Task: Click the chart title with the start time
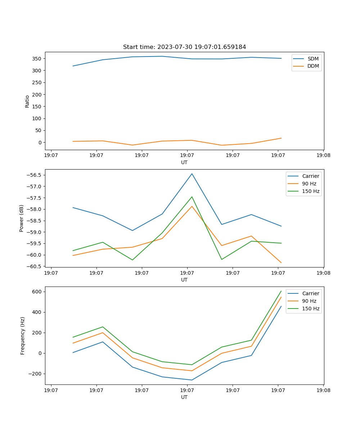(184, 47)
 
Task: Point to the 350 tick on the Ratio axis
(37, 59)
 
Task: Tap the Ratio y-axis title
(27, 101)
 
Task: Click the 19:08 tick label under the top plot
(323, 156)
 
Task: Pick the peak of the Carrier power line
(192, 174)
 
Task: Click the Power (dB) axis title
(22, 218)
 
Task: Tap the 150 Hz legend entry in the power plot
(310, 191)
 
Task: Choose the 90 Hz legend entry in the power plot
(309, 184)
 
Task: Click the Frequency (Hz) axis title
(23, 336)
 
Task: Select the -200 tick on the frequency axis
(35, 374)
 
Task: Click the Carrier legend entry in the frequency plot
(310, 293)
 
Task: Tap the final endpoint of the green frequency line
(281, 291)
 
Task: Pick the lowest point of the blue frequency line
(192, 380)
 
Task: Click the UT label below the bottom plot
(184, 397)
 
